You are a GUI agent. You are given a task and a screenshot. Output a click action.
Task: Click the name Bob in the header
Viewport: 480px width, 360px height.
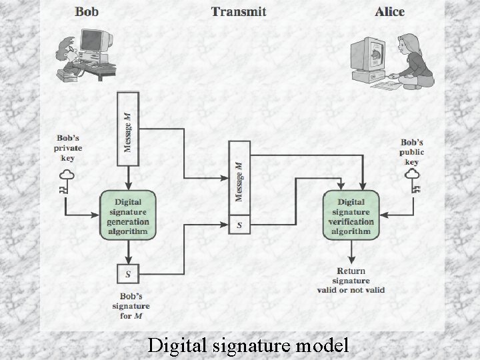88,11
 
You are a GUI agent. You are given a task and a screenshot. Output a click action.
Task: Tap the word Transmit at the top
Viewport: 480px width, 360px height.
238,11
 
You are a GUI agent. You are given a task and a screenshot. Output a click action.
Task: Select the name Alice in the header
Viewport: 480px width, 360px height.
389,11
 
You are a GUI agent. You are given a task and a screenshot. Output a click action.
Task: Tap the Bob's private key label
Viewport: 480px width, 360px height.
67,148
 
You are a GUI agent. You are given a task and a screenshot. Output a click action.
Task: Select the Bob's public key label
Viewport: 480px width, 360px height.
412,152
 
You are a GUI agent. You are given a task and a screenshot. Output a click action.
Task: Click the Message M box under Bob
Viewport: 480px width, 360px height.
127,131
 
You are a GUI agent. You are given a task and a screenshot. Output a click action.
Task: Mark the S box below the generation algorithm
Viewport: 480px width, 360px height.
128,273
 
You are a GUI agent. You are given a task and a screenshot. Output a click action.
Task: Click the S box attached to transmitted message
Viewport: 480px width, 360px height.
239,225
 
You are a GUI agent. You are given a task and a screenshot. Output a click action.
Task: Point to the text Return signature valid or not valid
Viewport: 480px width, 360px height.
351,280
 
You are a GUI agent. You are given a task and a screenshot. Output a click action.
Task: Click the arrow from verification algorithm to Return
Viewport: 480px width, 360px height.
351,251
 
